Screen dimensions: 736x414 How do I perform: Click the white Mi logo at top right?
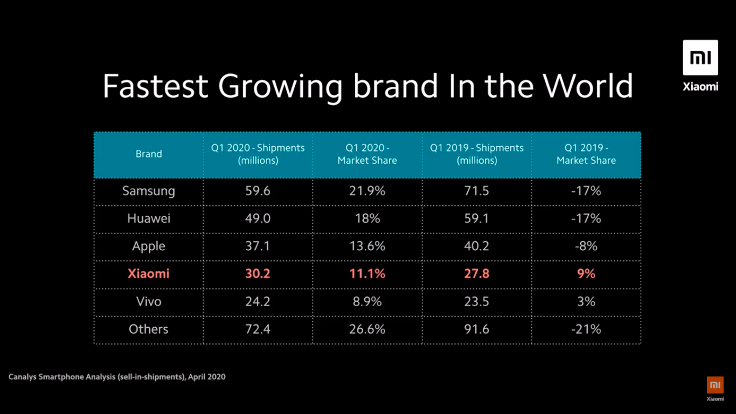pos(700,58)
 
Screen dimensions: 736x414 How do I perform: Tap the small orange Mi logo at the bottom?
pos(715,385)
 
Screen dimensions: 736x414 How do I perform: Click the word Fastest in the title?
pos(155,86)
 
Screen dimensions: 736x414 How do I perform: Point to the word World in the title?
pos(588,86)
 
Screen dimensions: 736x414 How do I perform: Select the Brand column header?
pos(149,154)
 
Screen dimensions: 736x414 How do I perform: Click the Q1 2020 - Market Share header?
pos(367,154)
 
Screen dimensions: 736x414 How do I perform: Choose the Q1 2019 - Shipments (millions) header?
pos(477,154)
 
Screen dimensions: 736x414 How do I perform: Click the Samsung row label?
pos(149,191)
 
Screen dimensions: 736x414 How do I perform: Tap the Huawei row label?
pos(149,218)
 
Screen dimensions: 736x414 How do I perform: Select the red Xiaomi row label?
pos(149,274)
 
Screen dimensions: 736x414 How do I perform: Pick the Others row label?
pos(149,329)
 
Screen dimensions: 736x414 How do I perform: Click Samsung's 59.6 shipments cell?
pos(258,191)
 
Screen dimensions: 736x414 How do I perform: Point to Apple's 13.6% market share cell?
pos(367,246)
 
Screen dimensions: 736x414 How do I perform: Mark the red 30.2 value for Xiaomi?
pos(258,274)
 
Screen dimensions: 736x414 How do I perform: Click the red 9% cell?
pos(586,274)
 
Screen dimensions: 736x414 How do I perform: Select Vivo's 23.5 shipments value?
pos(477,301)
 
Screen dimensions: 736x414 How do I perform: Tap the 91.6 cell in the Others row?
pos(477,329)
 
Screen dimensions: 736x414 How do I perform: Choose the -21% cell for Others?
pos(586,329)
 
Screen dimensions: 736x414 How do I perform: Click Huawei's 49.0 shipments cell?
pos(258,218)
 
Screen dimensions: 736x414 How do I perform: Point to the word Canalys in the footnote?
pos(22,377)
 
